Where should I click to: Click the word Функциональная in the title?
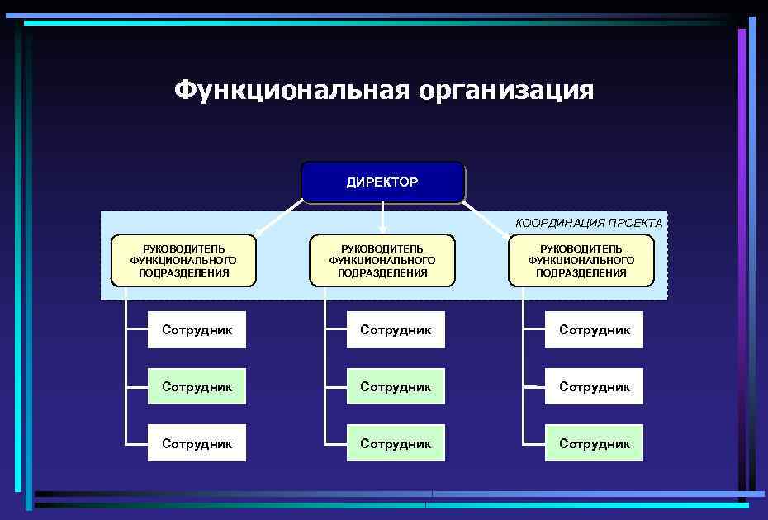click(x=292, y=90)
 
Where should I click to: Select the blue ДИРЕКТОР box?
click(x=382, y=182)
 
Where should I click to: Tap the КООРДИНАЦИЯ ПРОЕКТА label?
click(x=588, y=223)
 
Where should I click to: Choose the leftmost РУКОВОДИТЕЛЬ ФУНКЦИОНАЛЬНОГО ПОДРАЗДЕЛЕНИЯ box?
click(x=183, y=260)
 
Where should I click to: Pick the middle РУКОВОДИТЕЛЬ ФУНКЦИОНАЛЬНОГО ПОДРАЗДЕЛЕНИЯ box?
click(x=382, y=260)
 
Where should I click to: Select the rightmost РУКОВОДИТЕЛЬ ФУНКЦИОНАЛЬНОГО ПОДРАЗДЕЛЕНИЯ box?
click(x=581, y=260)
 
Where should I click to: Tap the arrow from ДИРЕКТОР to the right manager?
click(x=486, y=219)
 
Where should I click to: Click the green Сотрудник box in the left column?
click(x=197, y=386)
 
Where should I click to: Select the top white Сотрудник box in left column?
click(x=197, y=329)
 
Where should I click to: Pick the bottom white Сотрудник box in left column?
click(x=197, y=443)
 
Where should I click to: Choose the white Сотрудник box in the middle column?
click(x=396, y=329)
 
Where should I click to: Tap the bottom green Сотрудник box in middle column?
click(x=396, y=443)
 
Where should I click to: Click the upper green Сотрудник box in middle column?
click(x=396, y=386)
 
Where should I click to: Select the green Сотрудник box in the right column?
click(x=594, y=443)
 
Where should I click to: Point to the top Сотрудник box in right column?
click(x=594, y=329)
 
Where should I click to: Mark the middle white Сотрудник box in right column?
click(x=594, y=386)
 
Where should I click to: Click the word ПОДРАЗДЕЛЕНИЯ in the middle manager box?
click(x=382, y=273)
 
